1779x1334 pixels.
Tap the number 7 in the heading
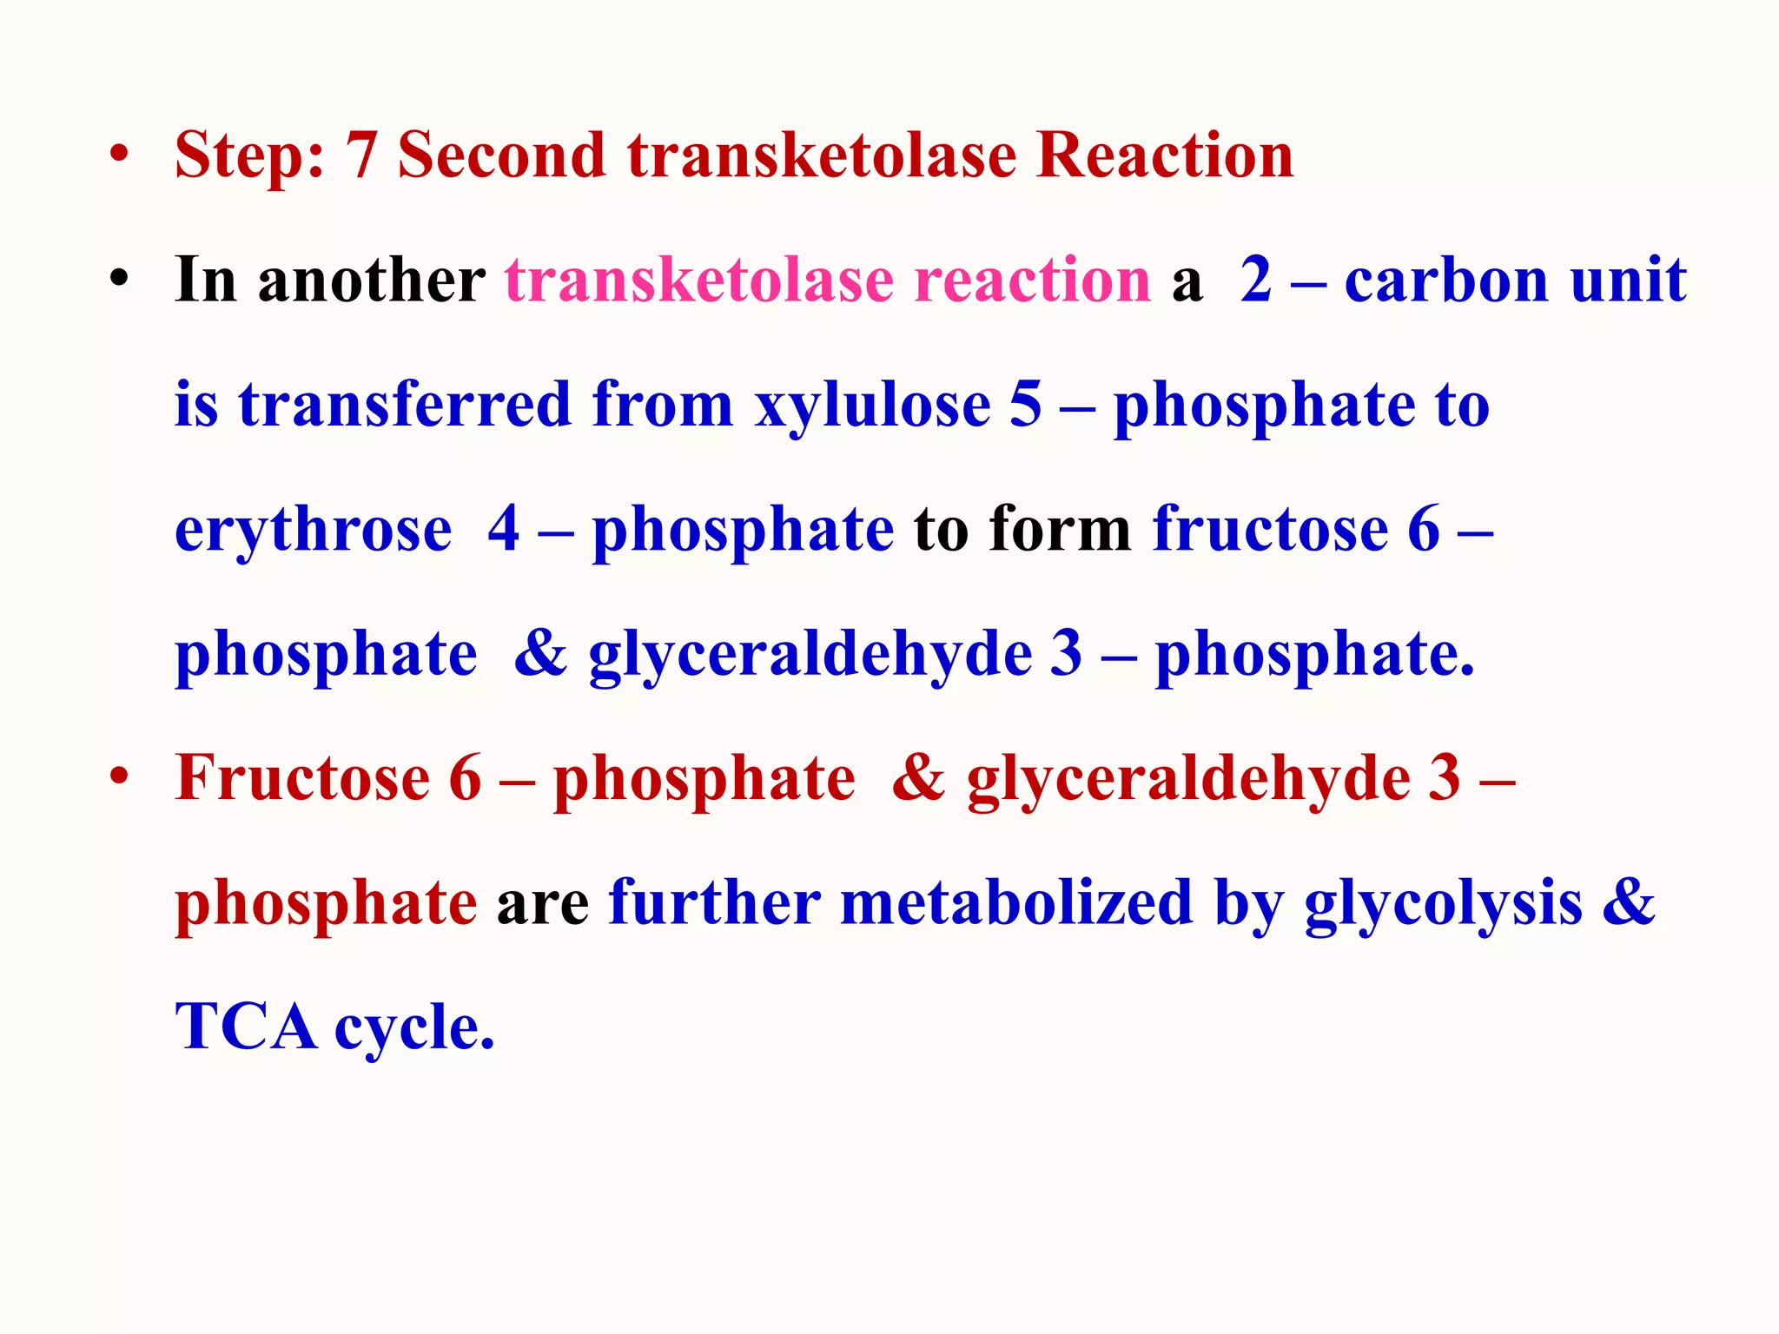360,156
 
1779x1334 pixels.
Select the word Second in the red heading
501,156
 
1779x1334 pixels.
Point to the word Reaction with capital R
1165,156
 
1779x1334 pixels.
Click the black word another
372,281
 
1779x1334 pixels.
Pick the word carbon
1446,281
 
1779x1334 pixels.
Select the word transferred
405,406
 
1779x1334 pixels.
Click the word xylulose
872,406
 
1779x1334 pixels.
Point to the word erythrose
314,530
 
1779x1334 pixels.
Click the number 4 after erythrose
504,530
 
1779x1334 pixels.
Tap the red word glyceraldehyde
1188,778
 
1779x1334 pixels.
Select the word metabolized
1017,903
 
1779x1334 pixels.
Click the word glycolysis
1443,903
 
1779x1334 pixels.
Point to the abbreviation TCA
246,1027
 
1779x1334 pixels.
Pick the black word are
543,903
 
